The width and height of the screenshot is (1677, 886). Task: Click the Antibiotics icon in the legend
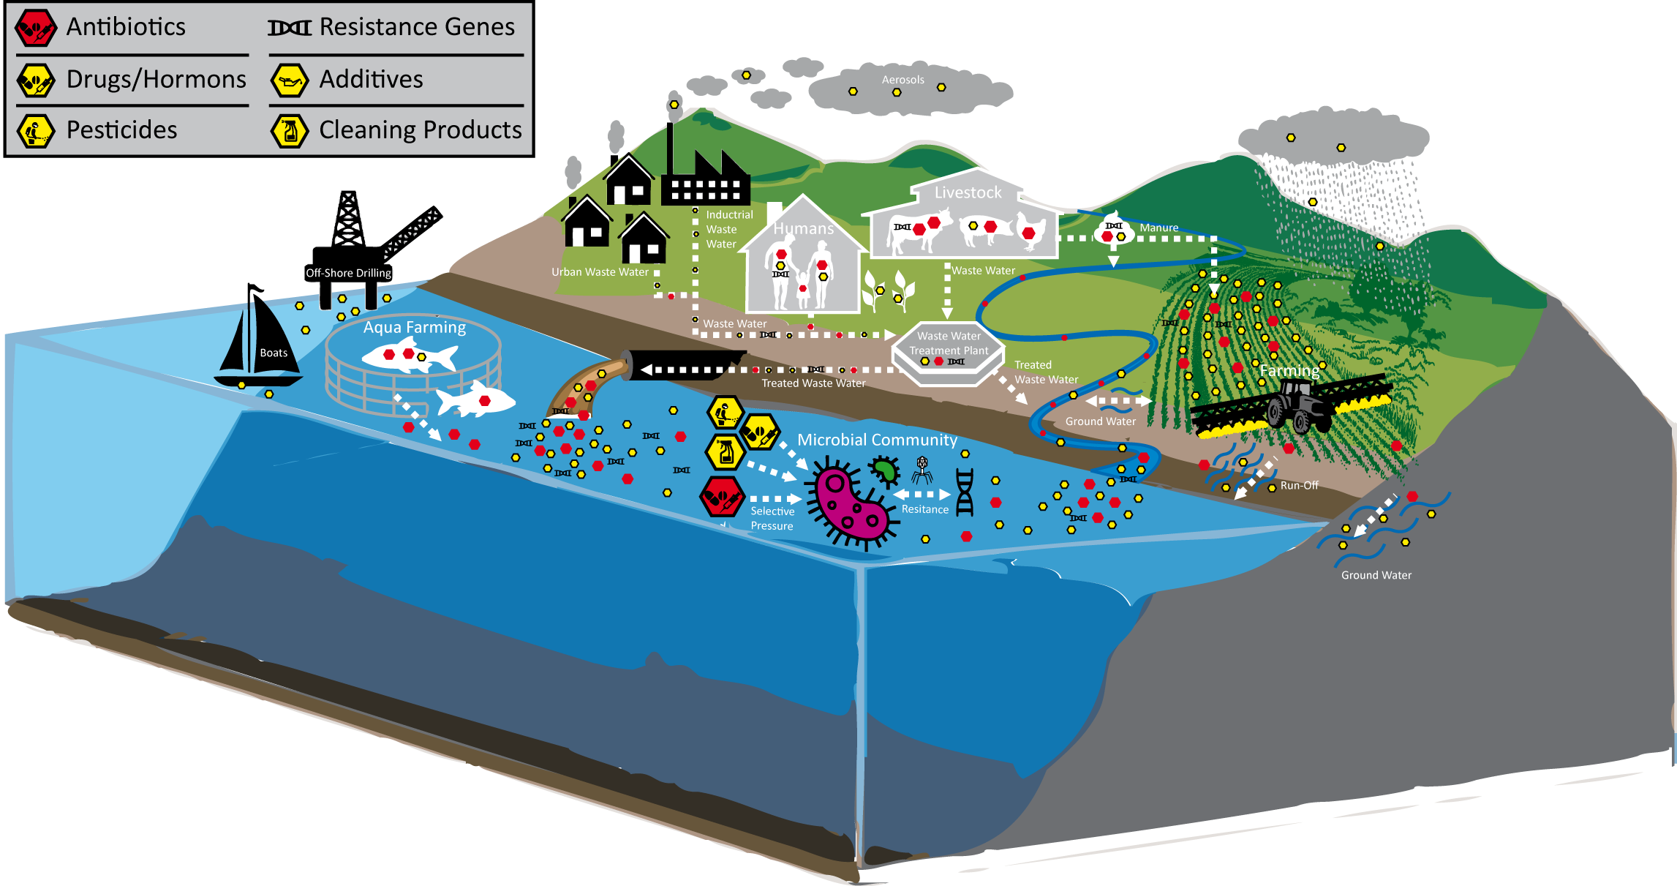tap(35, 28)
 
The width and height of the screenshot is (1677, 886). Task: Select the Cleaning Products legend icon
tap(290, 130)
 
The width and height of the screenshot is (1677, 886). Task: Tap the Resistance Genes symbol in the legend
tap(290, 28)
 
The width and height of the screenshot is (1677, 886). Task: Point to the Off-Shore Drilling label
tap(348, 273)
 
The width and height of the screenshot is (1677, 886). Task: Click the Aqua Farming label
tap(414, 327)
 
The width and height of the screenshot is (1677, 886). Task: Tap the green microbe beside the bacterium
tap(884, 471)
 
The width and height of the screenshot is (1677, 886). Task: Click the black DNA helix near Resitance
tap(965, 492)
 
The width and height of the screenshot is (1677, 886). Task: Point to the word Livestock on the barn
tap(968, 192)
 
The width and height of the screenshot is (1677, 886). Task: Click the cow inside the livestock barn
tap(920, 229)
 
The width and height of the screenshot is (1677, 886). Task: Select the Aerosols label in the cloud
tap(902, 80)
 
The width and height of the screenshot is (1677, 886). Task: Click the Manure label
tap(1158, 228)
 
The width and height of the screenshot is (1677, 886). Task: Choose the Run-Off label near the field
tap(1299, 485)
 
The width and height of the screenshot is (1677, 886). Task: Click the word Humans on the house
tap(803, 228)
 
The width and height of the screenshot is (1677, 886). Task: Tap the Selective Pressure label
tap(772, 518)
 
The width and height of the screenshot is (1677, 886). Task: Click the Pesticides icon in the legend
tap(35, 131)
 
